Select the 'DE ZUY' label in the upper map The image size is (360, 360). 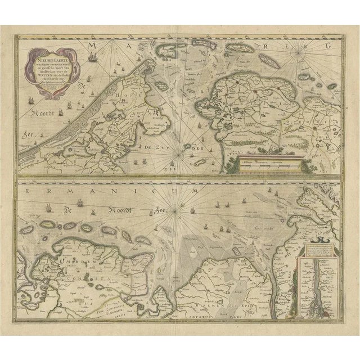(152, 147)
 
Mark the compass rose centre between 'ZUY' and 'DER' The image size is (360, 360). (181, 149)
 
